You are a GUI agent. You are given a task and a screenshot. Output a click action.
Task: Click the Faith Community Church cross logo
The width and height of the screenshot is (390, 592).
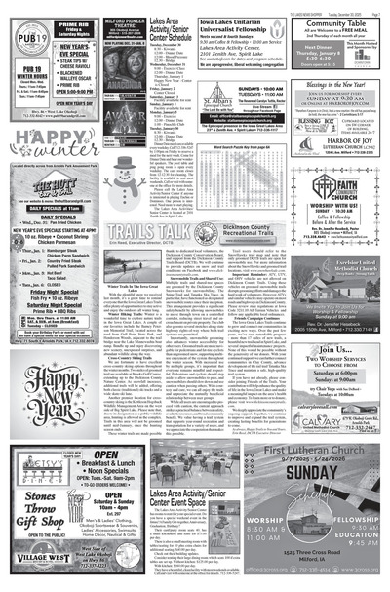pyautogui.click(x=308, y=186)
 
